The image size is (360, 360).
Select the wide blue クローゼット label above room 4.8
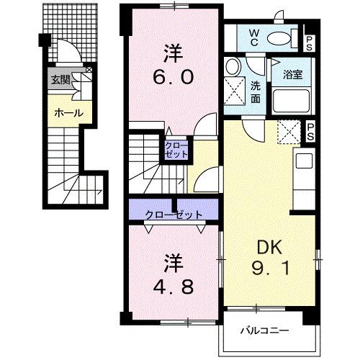173,214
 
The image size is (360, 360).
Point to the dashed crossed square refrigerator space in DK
288,132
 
